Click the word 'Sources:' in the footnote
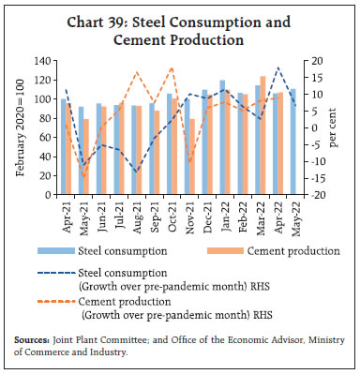[x=34, y=341]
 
